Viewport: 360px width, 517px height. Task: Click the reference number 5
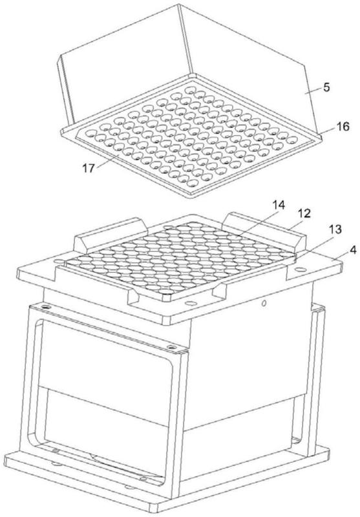[x=326, y=88]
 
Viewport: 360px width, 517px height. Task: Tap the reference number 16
[x=343, y=126]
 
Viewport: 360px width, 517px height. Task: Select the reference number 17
[x=89, y=168]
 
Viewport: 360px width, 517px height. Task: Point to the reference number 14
[x=278, y=205]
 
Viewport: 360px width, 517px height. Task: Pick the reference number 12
[x=304, y=214]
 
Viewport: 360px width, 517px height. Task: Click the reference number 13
[x=335, y=229]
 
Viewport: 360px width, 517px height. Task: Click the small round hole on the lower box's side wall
[x=264, y=302]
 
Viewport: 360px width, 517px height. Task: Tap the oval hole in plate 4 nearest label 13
[x=300, y=269]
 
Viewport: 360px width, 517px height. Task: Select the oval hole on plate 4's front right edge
[x=191, y=303]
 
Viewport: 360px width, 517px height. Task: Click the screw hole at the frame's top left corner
[x=45, y=307]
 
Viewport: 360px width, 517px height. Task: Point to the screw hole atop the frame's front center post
[x=171, y=347]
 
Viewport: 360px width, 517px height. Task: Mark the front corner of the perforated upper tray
[x=192, y=197]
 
